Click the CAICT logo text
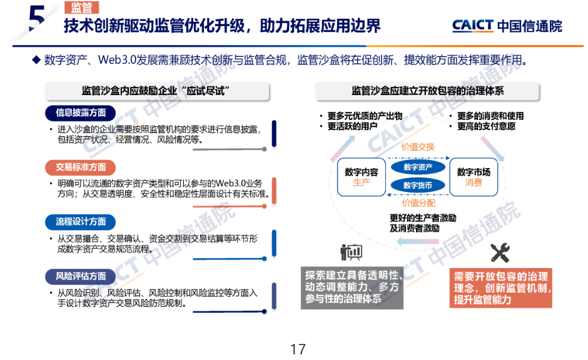(507, 26)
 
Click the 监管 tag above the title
(81, 7)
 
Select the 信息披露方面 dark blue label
(81, 112)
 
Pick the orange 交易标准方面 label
(81, 167)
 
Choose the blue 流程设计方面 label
(81, 221)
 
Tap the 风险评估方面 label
(81, 276)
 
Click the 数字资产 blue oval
(418, 167)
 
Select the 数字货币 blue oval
(418, 186)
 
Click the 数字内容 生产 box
(361, 177)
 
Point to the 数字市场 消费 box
(474, 177)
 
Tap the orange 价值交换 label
(418, 147)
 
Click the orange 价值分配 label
(418, 202)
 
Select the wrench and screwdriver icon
(500, 252)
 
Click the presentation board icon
(351, 252)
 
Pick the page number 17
(298, 348)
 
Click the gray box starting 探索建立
(352, 287)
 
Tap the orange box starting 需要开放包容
(500, 287)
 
